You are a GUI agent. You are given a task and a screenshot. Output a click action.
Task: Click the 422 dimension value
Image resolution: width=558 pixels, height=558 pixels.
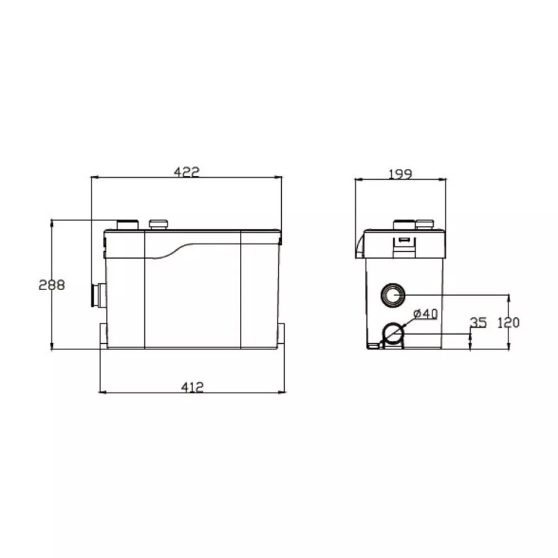(187, 172)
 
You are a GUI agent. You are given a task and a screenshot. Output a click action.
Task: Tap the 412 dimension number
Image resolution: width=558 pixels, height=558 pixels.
(193, 387)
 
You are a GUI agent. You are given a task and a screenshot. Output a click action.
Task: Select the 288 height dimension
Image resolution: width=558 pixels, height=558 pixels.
(52, 285)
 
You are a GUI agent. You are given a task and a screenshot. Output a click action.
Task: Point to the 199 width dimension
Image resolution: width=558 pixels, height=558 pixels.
(400, 174)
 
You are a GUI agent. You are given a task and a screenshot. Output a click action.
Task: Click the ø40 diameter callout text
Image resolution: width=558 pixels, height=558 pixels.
(425, 314)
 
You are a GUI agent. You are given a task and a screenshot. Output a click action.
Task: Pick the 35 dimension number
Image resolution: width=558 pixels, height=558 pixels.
(478, 322)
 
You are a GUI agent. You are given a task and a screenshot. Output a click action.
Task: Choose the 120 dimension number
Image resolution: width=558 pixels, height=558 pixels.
(508, 323)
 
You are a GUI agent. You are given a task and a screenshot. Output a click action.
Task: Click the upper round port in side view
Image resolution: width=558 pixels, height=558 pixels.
(393, 295)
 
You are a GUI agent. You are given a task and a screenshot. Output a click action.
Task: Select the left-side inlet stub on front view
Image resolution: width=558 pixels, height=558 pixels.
(98, 295)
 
